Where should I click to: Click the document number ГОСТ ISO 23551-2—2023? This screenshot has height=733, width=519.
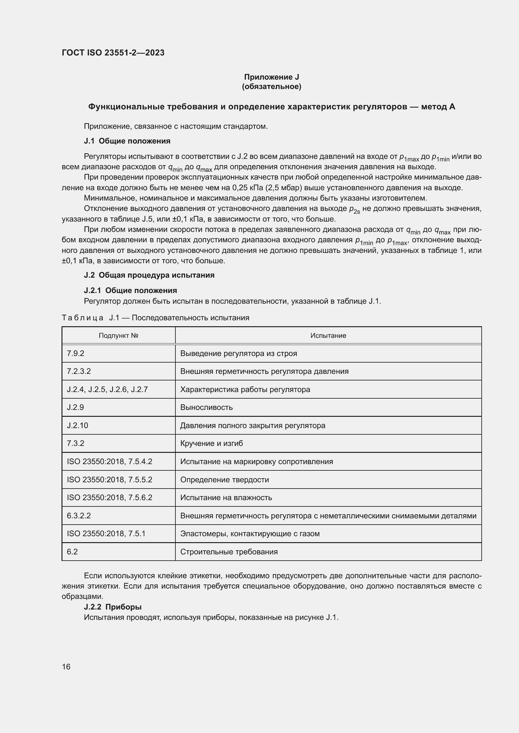click(x=113, y=53)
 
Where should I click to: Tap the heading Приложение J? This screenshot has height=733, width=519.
click(x=271, y=77)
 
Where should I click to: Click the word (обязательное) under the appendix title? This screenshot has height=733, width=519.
click(x=271, y=87)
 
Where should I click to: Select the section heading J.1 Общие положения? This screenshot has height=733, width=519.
click(x=127, y=141)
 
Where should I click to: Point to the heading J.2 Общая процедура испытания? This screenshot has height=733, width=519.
click(x=149, y=275)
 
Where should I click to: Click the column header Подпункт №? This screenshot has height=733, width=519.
click(x=118, y=336)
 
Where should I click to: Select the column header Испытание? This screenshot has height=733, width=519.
click(x=328, y=336)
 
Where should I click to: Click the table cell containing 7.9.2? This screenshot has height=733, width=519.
click(x=75, y=353)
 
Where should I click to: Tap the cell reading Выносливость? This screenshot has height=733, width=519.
click(x=206, y=407)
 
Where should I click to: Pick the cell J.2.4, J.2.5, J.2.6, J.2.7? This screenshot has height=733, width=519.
click(x=107, y=390)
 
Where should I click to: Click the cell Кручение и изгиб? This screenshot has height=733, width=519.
click(x=211, y=443)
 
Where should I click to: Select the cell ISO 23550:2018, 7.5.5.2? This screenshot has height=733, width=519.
click(x=110, y=479)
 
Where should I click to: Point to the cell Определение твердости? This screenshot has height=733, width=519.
click(x=225, y=479)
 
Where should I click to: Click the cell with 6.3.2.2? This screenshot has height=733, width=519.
click(x=79, y=516)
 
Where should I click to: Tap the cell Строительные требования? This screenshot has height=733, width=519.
click(x=229, y=552)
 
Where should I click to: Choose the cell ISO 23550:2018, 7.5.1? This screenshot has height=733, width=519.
click(x=106, y=533)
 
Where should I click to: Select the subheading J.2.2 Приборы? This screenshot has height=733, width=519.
click(x=113, y=607)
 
